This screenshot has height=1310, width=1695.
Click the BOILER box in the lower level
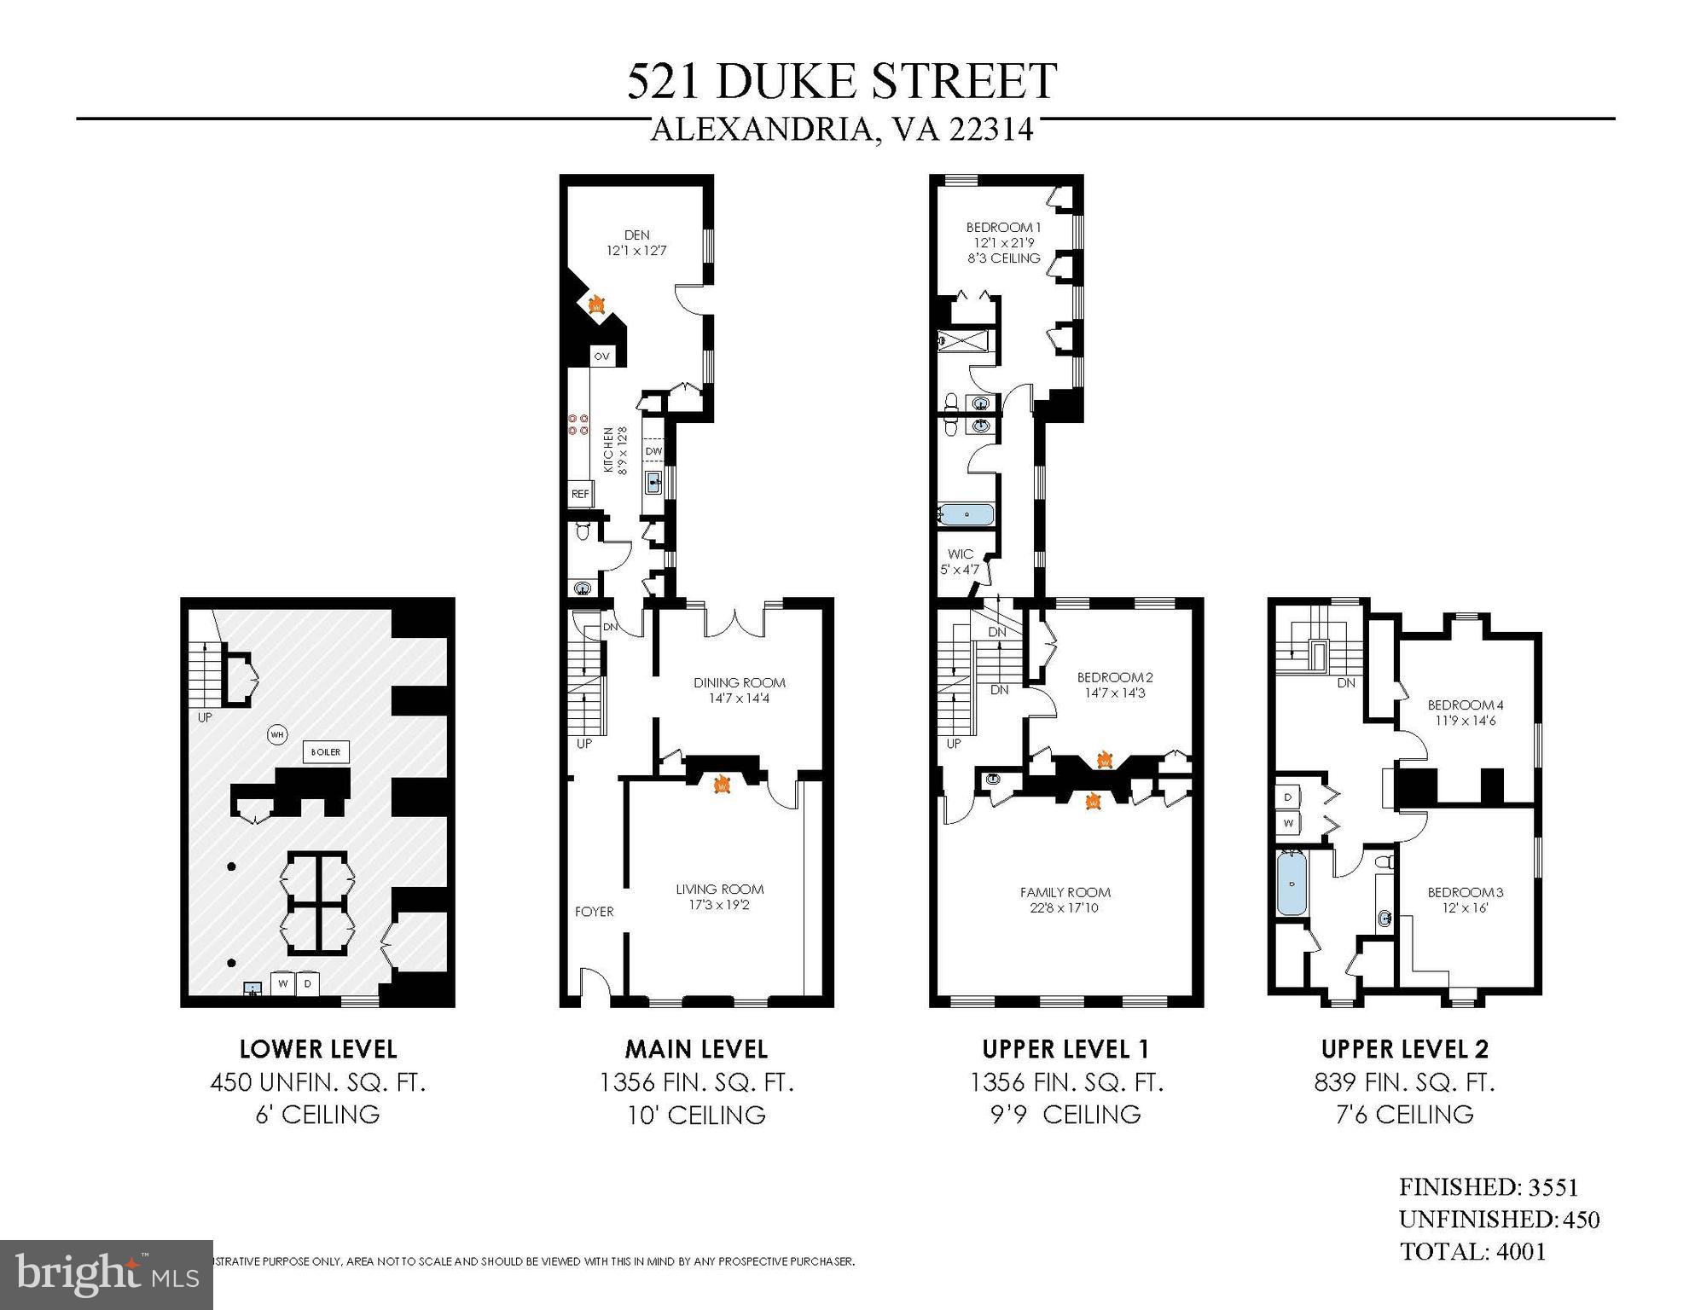click(x=326, y=752)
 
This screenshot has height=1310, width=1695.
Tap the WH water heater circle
click(x=276, y=734)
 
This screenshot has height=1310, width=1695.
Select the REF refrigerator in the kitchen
click(x=580, y=494)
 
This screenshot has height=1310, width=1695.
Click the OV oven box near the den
click(x=601, y=356)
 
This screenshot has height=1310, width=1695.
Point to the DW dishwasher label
click(x=653, y=451)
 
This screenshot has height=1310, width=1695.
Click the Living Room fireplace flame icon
click(x=723, y=784)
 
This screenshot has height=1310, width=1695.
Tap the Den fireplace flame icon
click(x=597, y=303)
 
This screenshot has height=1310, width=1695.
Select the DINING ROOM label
click(x=739, y=682)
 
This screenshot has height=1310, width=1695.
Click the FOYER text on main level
click(x=595, y=912)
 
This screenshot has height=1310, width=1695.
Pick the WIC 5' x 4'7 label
click(x=960, y=561)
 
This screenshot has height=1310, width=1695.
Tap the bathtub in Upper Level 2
click(x=1292, y=884)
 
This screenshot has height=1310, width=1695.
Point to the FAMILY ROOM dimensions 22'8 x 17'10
click(x=1065, y=908)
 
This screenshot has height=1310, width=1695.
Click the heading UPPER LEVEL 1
click(x=1065, y=1049)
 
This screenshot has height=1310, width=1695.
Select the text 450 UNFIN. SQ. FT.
click(x=317, y=1083)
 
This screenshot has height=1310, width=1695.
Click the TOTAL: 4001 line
click(x=1472, y=1252)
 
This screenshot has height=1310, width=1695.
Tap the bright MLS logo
click(x=107, y=1274)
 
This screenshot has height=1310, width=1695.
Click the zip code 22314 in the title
click(x=991, y=130)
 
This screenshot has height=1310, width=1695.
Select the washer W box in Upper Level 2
click(x=1288, y=824)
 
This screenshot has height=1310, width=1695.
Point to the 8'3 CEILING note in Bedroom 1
click(x=1003, y=258)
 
